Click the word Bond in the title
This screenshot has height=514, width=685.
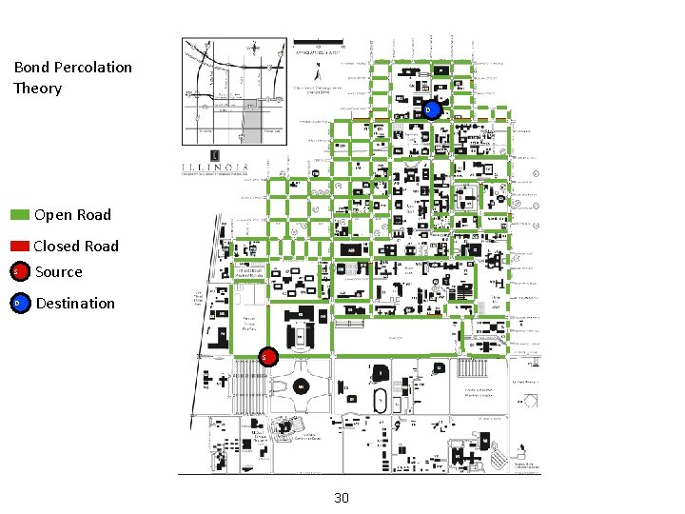[x=32, y=67]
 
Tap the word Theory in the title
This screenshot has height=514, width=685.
[x=38, y=89]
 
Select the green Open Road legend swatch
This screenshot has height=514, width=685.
[x=20, y=215]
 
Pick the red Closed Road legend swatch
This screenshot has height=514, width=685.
[x=20, y=246]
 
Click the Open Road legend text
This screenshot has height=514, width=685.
[x=72, y=215]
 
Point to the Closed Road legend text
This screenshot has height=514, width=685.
[x=76, y=246]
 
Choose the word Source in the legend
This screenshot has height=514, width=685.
[x=59, y=272]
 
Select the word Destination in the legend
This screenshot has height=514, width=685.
[x=75, y=304]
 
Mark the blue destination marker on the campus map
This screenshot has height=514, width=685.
[x=431, y=110]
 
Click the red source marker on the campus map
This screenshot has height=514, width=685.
[x=267, y=357]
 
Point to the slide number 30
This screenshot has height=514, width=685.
[x=342, y=498]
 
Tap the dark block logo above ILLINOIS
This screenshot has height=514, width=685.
[x=215, y=154]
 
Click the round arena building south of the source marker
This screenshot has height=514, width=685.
[x=301, y=386]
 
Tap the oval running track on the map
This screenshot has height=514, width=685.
[x=381, y=401]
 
